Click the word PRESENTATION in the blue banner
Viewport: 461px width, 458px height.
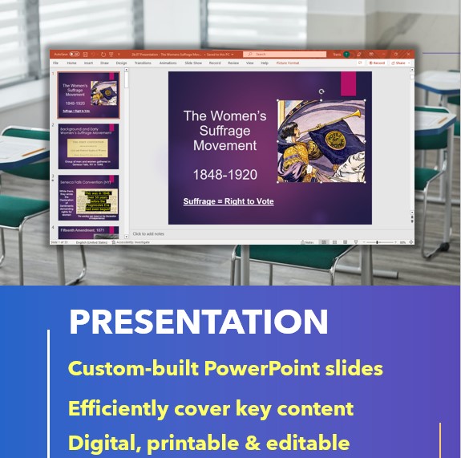pos(198,322)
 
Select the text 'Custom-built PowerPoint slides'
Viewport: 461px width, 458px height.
pos(225,369)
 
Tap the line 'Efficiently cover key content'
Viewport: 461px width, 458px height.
pos(210,408)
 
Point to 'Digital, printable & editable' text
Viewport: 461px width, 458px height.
pos(208,443)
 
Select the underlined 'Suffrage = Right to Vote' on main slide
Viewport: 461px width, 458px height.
pos(228,201)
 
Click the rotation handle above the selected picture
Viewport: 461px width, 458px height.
pos(321,92)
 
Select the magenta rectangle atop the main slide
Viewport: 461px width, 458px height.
pos(349,84)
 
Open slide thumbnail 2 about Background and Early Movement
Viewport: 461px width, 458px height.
pos(88,145)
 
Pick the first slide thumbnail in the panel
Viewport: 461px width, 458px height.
pos(88,95)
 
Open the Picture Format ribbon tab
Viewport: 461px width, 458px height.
pos(288,63)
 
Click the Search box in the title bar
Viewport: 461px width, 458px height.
pos(285,54)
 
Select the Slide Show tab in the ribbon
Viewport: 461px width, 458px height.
pos(193,63)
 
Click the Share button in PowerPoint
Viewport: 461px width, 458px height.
pos(400,63)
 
